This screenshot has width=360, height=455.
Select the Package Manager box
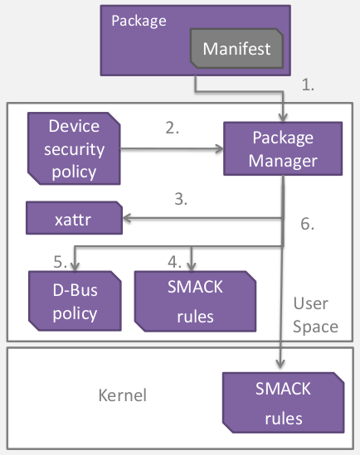pyautogui.click(x=282, y=148)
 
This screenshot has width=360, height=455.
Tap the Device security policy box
pyautogui.click(x=74, y=149)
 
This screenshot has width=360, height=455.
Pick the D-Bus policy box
pyautogui.click(x=74, y=302)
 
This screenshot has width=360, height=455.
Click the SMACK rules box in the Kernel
pyautogui.click(x=282, y=402)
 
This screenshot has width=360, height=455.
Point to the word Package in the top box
pyautogui.click(x=139, y=20)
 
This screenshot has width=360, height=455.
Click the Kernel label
pyautogui.click(x=122, y=394)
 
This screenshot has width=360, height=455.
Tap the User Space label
pyautogui.click(x=314, y=316)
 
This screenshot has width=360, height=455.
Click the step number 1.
pyautogui.click(x=308, y=85)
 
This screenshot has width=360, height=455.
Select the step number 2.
pyautogui.click(x=172, y=128)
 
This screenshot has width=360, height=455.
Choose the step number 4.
pyautogui.click(x=174, y=262)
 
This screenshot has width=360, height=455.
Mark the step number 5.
pyautogui.click(x=60, y=262)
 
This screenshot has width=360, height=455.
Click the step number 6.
pyautogui.click(x=307, y=224)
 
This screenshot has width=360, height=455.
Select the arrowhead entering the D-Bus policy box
pyautogui.click(x=75, y=266)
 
